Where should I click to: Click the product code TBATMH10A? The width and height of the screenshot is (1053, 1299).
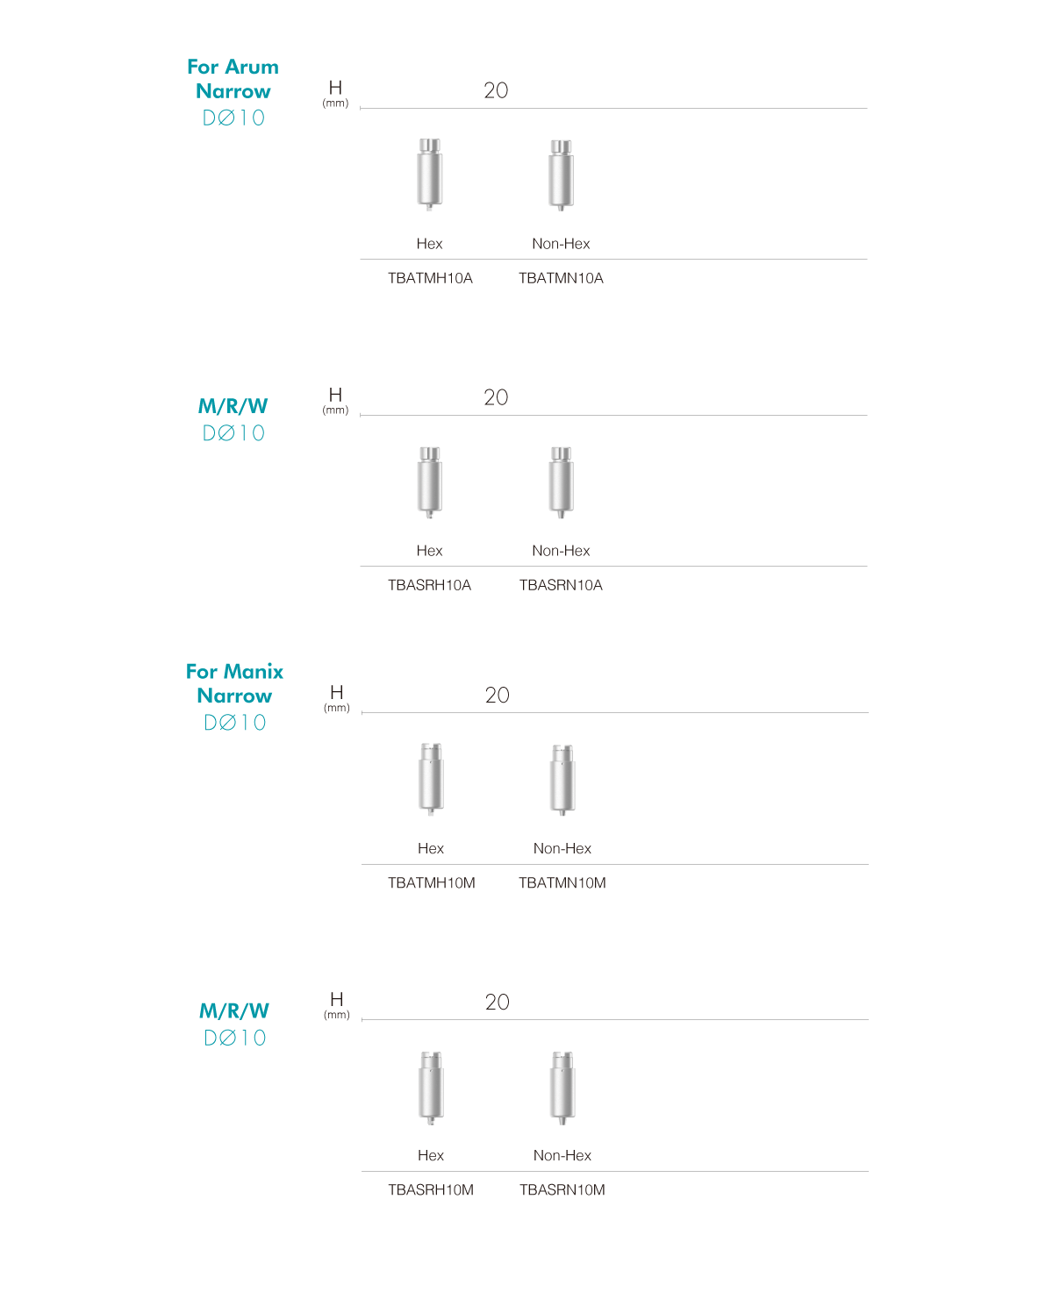click(430, 278)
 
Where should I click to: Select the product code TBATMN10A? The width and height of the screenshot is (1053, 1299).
click(561, 278)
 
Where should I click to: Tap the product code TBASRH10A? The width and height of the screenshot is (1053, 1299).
click(429, 585)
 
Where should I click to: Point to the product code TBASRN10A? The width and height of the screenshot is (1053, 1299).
click(561, 585)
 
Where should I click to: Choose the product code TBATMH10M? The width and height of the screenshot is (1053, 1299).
click(432, 882)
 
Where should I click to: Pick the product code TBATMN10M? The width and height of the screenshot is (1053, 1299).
click(562, 882)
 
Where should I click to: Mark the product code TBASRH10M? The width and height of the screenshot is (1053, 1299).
click(431, 1189)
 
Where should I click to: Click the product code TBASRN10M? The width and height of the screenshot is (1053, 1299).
click(562, 1189)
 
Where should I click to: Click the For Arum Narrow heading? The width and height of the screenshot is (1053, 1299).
click(233, 79)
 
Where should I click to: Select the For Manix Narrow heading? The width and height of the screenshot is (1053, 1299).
click(234, 683)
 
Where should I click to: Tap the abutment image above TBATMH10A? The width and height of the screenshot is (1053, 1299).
click(429, 175)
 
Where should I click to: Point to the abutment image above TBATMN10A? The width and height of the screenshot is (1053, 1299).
click(561, 175)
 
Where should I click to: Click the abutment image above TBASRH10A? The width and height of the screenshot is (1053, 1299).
click(429, 482)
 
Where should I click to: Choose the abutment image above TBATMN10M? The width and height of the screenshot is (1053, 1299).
click(562, 780)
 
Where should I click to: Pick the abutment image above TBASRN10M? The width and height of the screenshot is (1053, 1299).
click(562, 1088)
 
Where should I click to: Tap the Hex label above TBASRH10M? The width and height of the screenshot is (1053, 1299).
click(431, 1155)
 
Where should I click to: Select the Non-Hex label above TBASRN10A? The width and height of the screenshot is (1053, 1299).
click(561, 551)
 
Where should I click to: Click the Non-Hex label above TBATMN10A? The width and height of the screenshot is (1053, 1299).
click(561, 244)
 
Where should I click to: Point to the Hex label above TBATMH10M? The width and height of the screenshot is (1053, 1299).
click(431, 848)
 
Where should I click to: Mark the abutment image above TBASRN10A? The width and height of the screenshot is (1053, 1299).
click(561, 482)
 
